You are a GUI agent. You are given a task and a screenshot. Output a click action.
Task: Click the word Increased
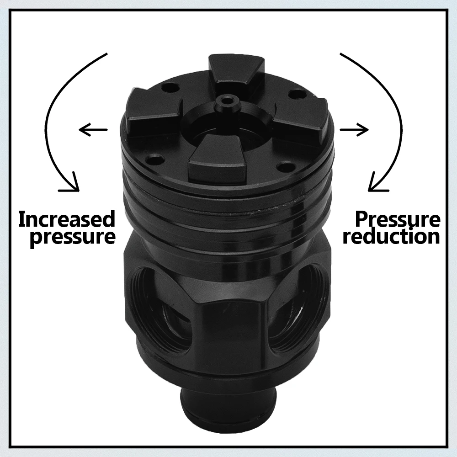(67, 219)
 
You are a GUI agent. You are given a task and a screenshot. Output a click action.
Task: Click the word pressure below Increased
(73, 237)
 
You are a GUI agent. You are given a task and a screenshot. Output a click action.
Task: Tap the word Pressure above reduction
(398, 220)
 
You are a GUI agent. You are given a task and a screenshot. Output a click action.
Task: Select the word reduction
(392, 236)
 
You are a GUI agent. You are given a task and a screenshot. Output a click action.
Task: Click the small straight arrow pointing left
(93, 129)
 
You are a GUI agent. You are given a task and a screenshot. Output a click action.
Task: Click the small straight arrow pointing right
(354, 129)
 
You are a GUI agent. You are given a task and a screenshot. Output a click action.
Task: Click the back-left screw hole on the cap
(170, 87)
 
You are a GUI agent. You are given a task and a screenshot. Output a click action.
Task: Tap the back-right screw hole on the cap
(295, 94)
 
